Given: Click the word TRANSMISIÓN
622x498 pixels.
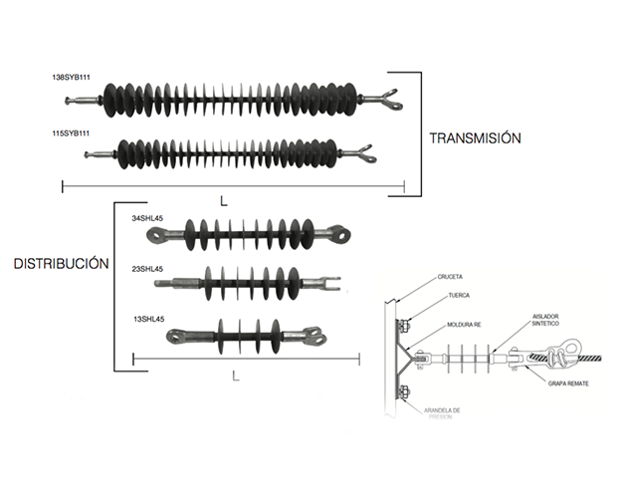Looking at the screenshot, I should click(474, 138).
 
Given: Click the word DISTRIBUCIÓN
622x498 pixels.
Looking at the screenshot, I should click(60, 264).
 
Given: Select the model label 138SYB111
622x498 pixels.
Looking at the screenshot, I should click(71, 77).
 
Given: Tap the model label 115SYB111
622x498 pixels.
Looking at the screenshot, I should click(71, 132).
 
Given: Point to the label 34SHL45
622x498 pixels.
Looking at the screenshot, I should click(148, 217).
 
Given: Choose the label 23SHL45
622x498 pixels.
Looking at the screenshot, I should click(148, 269).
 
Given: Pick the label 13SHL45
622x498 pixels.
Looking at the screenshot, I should click(148, 320).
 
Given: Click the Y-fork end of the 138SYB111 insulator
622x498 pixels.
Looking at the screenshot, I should click(387, 98).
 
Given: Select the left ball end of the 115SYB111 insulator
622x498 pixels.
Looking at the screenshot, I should click(89, 155).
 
